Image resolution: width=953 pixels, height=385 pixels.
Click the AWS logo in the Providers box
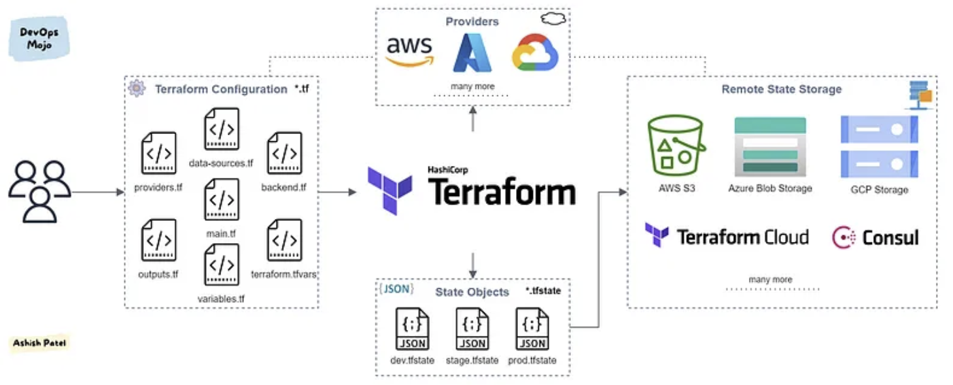[x=409, y=51]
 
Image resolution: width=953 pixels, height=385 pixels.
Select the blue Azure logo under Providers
[x=472, y=53]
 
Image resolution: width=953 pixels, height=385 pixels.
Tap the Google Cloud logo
[x=534, y=52]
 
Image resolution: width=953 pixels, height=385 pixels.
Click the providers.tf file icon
[x=158, y=153]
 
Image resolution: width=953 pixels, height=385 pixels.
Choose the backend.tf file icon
[x=285, y=153]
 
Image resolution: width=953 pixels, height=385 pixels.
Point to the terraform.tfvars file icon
[x=285, y=240]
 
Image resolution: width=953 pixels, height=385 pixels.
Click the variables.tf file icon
[x=222, y=265]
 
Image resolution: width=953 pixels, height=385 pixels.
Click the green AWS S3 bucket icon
[x=676, y=146]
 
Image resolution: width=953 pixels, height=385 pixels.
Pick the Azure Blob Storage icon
[x=770, y=146]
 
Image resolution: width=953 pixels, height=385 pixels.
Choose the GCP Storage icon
[x=878, y=146]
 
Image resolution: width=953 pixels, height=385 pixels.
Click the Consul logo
[x=875, y=237]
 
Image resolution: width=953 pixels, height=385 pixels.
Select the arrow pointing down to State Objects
[x=472, y=265]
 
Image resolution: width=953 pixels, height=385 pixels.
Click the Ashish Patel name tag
[x=39, y=343]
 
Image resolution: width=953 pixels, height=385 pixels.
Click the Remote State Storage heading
[x=781, y=89]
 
